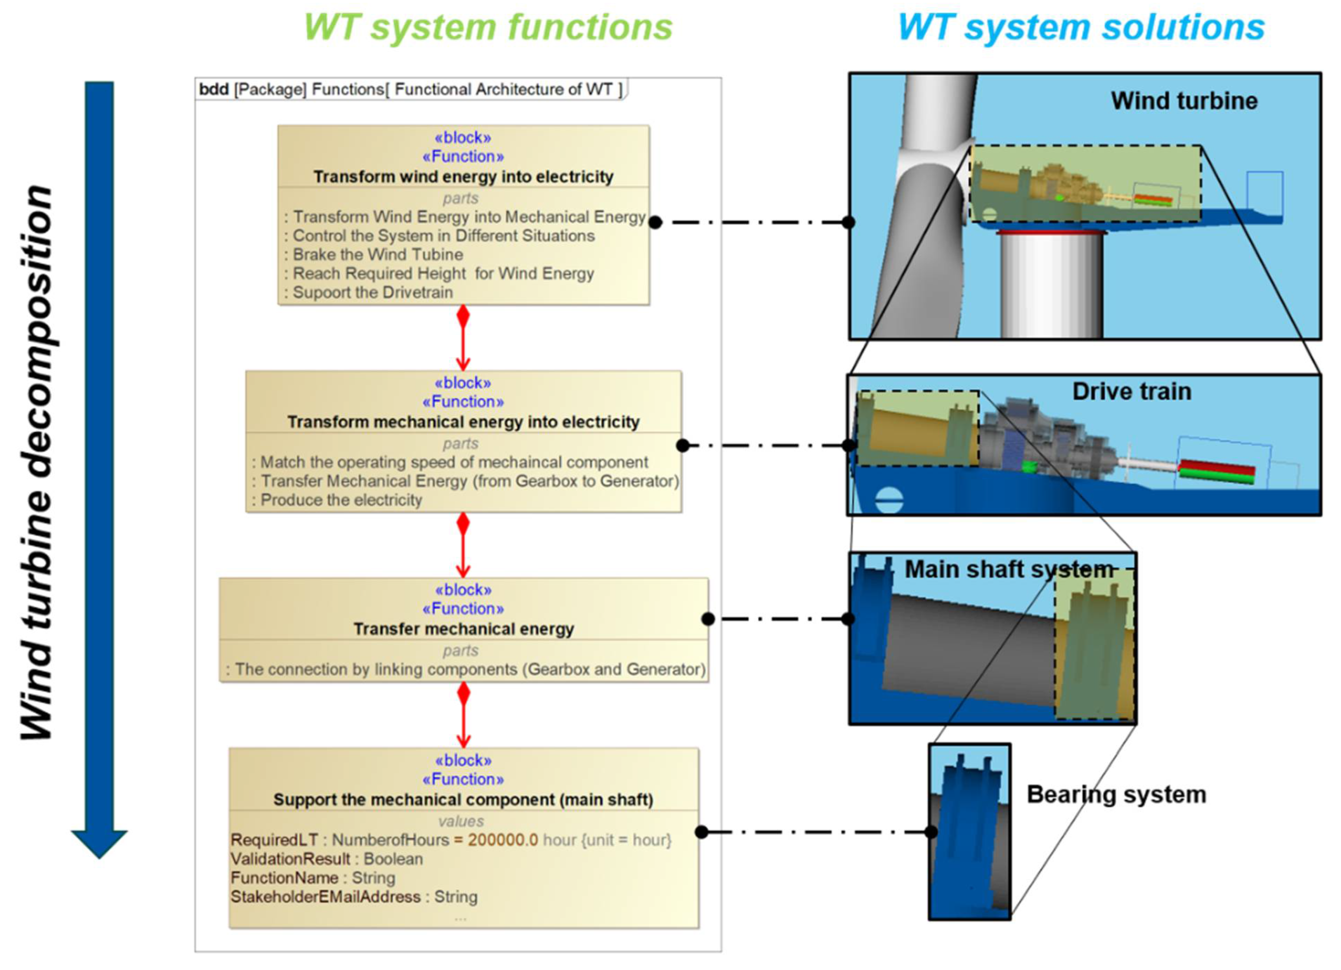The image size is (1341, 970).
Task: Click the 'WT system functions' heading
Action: [x=488, y=27]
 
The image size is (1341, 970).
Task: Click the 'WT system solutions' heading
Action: [x=1081, y=27]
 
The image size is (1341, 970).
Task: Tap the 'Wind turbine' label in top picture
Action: [x=1184, y=101]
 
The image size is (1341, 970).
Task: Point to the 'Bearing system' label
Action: [x=1116, y=794]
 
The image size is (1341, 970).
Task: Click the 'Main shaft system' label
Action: [x=1009, y=569]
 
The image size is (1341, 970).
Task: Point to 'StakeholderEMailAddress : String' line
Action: [x=354, y=896]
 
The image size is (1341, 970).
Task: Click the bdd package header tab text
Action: [x=411, y=89]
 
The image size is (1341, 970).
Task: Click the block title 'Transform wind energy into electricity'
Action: [x=463, y=176]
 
